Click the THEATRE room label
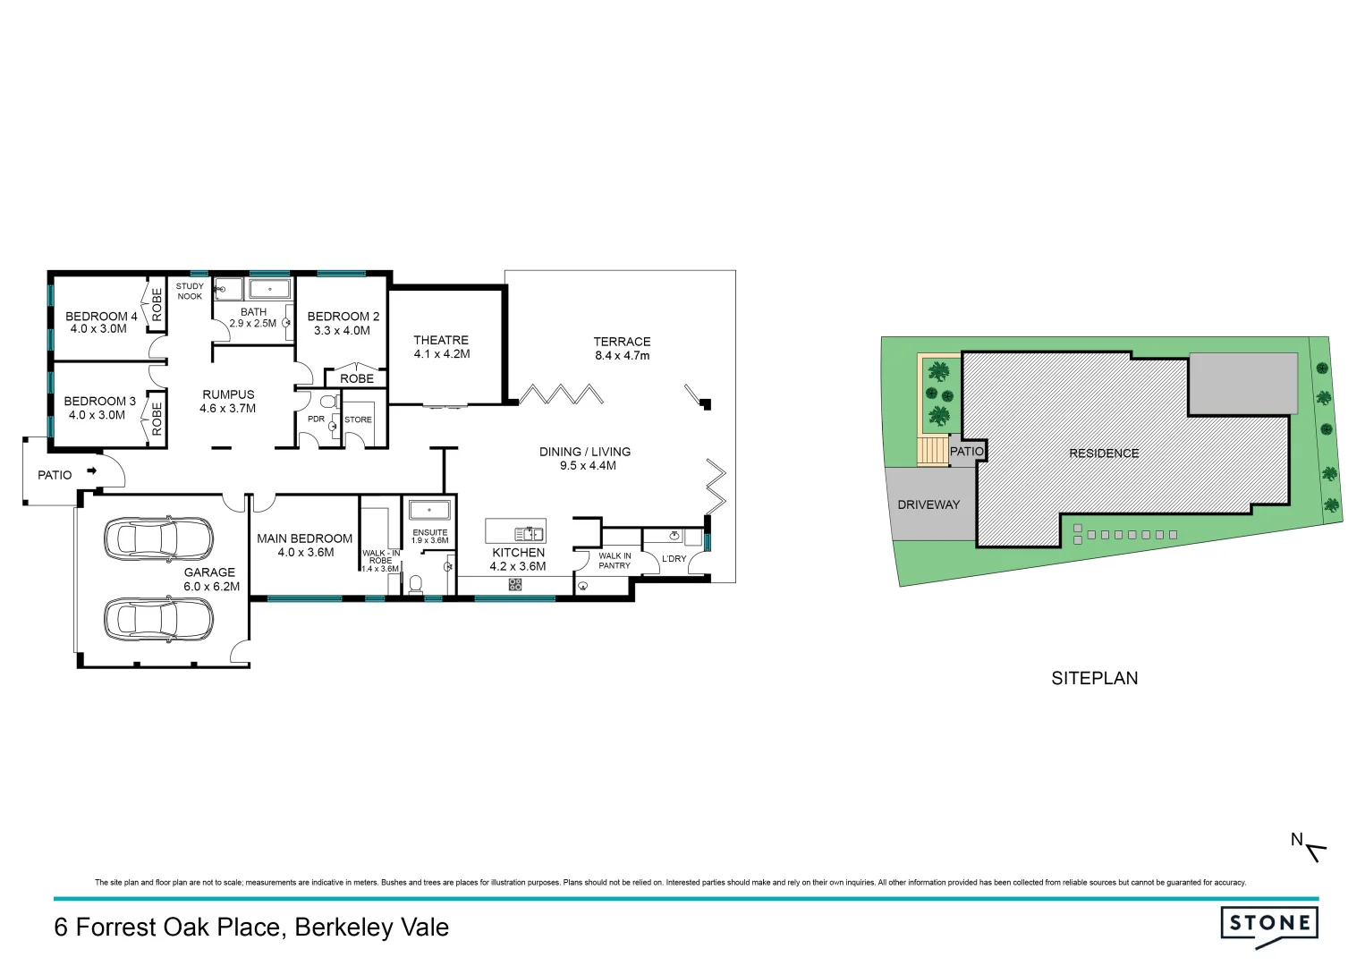click(x=441, y=340)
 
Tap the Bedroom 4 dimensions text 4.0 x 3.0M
click(x=98, y=329)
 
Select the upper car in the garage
click(x=158, y=538)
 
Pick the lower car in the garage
click(x=158, y=618)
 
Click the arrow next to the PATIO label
click(x=91, y=470)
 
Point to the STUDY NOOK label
click(x=190, y=292)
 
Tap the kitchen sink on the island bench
click(x=529, y=534)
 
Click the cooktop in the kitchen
click(x=515, y=585)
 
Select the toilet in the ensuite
click(x=415, y=584)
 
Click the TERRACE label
click(x=622, y=342)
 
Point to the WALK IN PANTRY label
click(x=615, y=561)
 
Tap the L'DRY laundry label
click(x=674, y=559)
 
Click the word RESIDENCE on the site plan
click(x=1104, y=453)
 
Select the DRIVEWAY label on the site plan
click(x=928, y=504)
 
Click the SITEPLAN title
click(x=1094, y=678)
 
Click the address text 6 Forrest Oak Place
click(x=170, y=928)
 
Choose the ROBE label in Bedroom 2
click(x=357, y=379)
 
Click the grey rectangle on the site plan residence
click(x=1242, y=383)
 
